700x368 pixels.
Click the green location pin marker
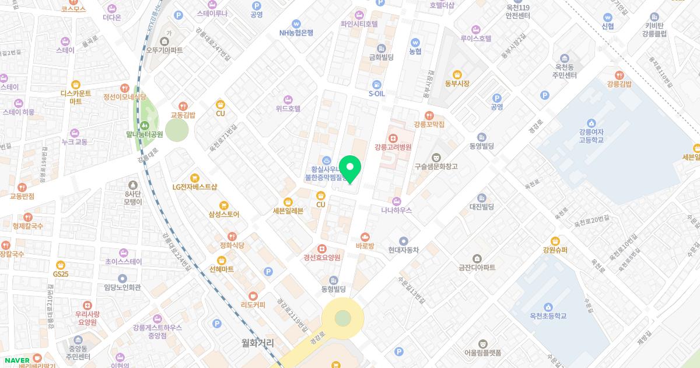(350, 168)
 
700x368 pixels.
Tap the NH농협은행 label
(296, 33)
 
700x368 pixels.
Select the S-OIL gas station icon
(376, 84)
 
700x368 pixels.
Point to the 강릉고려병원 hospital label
(393, 147)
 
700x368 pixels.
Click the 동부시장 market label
(457, 84)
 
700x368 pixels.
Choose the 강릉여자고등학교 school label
(591, 136)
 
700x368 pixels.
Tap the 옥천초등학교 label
(548, 316)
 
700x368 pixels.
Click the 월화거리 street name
(258, 342)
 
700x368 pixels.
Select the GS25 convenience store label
(61, 274)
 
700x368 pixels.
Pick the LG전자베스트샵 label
(195, 187)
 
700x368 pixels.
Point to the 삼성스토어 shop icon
(223, 205)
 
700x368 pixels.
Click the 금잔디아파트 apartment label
(477, 268)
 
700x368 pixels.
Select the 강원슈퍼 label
(555, 250)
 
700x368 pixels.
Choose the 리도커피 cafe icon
(253, 296)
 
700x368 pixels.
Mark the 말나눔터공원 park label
(144, 134)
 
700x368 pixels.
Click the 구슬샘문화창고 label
(436, 166)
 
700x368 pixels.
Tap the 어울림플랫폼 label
(482, 352)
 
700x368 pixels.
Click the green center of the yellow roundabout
(343, 318)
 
